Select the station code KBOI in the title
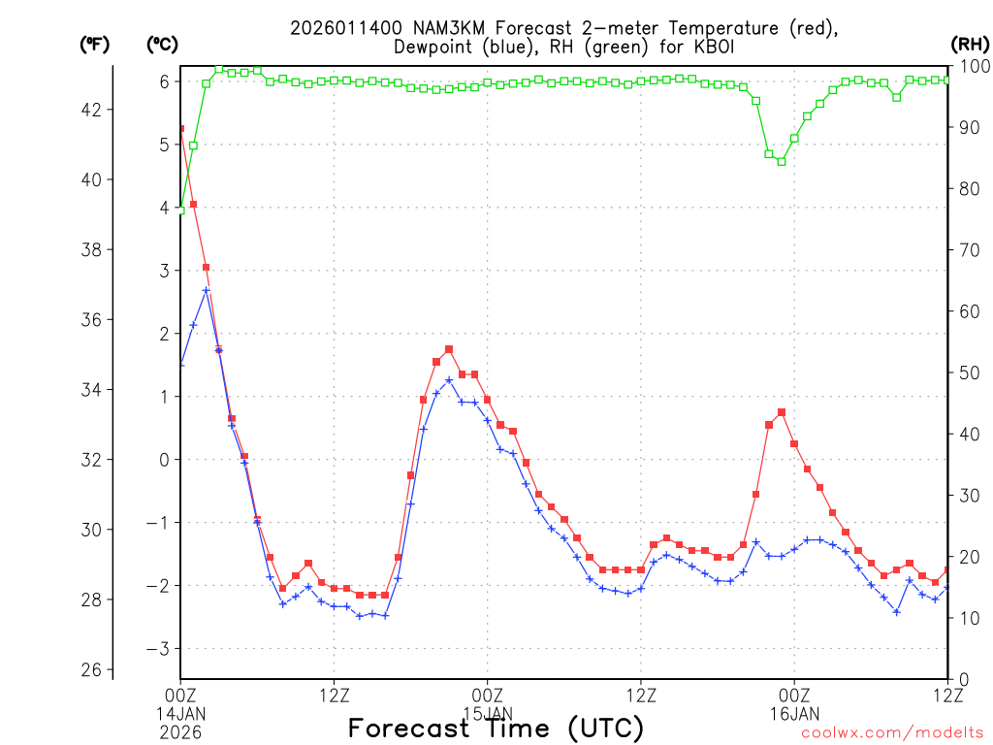(709, 47)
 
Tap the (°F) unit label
(94, 44)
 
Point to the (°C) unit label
(162, 44)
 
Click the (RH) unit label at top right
(970, 44)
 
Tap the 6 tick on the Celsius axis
(164, 81)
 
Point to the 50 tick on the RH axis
(969, 372)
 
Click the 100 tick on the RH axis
(973, 66)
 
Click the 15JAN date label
(488, 713)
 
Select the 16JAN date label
(794, 713)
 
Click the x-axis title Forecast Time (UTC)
(496, 728)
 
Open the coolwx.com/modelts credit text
(892, 732)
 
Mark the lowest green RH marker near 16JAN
(782, 161)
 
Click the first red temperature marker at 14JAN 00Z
(180, 128)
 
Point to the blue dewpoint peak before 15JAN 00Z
(449, 380)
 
